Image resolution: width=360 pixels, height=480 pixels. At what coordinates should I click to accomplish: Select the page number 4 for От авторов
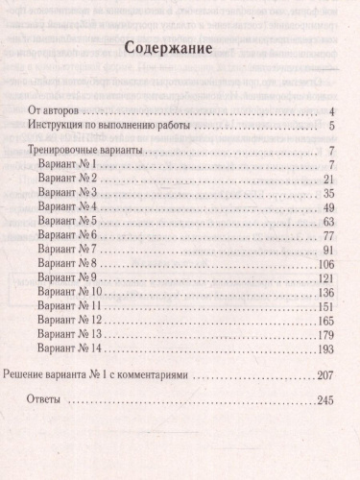click(x=329, y=112)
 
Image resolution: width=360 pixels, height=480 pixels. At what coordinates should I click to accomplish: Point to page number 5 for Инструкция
click(x=329, y=127)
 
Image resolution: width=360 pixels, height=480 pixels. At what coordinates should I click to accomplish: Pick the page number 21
click(x=326, y=180)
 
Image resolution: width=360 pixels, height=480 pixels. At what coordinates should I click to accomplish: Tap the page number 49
click(x=326, y=208)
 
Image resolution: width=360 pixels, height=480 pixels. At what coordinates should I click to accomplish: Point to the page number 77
click(x=326, y=236)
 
